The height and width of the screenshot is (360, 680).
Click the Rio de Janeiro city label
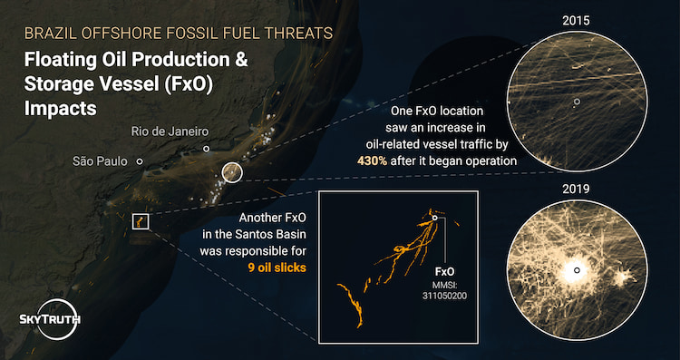click(170, 131)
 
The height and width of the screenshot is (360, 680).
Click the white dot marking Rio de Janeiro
click(206, 148)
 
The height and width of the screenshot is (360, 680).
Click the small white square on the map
click(140, 222)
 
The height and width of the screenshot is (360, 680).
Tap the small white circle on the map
click(232, 171)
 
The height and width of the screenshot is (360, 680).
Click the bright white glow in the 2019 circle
click(574, 270)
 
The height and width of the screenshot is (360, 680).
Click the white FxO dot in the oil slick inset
click(435, 218)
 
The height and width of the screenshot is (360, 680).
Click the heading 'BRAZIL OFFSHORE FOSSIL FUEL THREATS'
click(178, 33)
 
